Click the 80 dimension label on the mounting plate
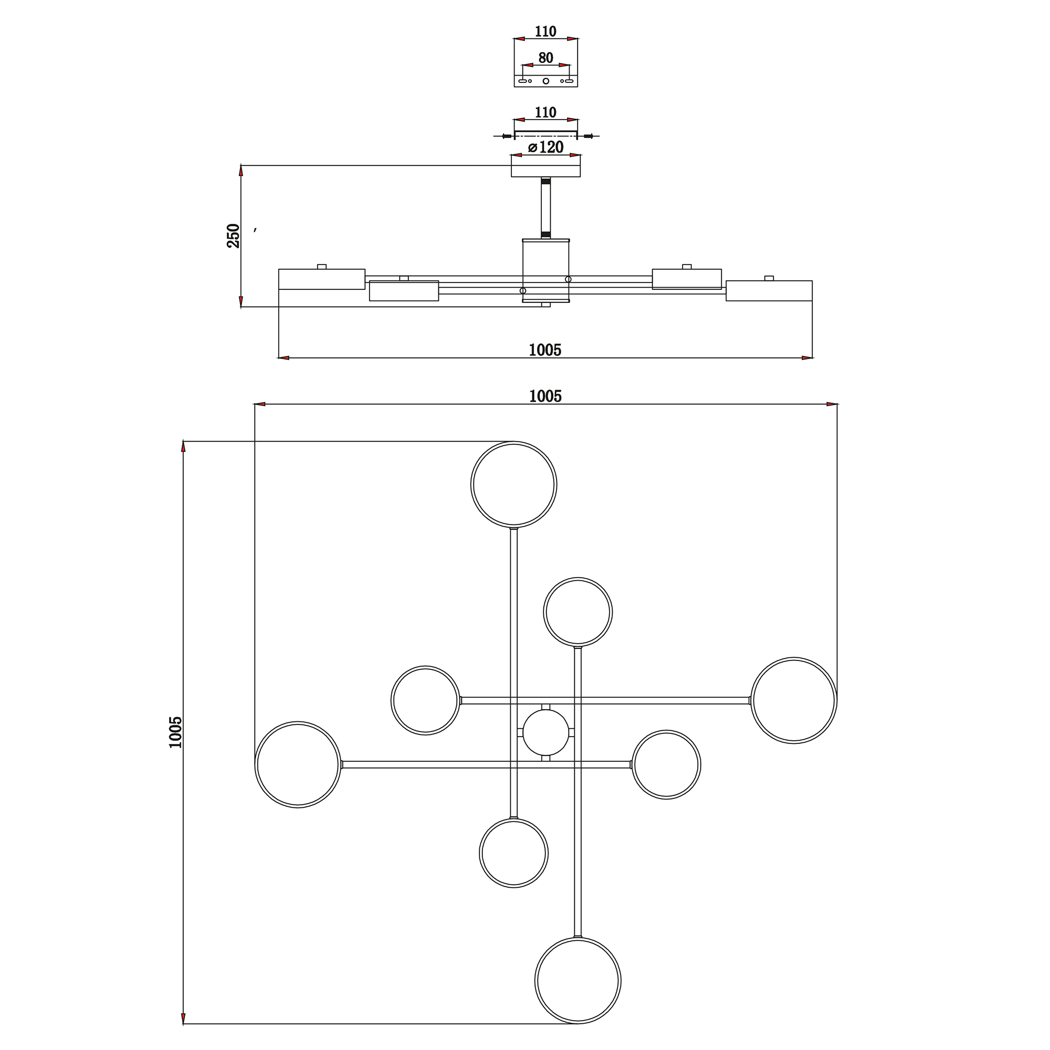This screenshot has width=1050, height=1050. click(x=545, y=58)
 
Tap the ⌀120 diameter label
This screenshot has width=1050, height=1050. click(x=545, y=148)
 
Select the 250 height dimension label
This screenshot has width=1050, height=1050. click(x=233, y=235)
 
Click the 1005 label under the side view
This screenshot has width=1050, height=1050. click(x=545, y=350)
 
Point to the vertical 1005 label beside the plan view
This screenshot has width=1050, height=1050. click(x=175, y=732)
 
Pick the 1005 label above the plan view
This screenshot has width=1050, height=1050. click(x=545, y=396)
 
